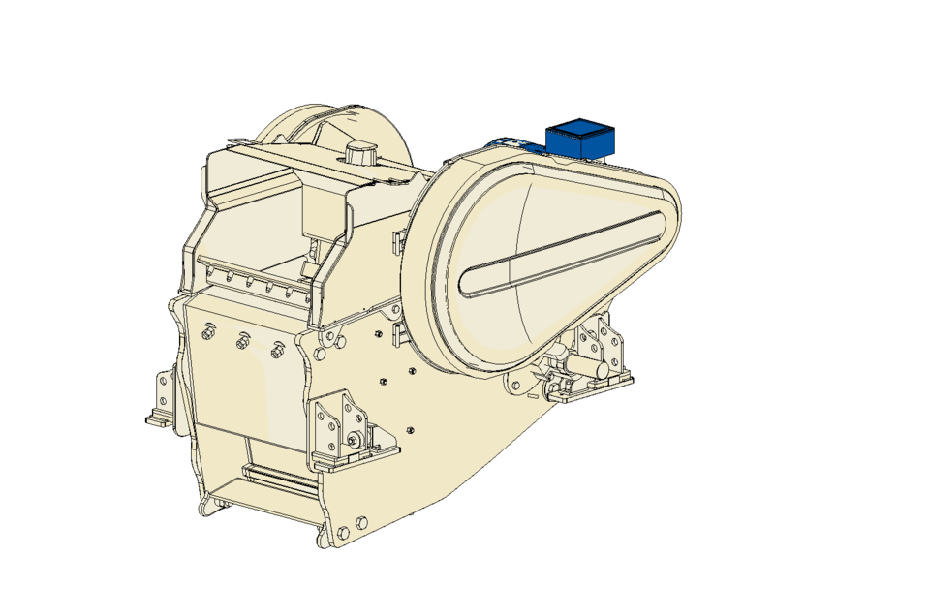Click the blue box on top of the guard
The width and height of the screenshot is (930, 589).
pyautogui.click(x=580, y=139)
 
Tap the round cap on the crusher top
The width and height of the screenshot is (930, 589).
pyautogui.click(x=360, y=152)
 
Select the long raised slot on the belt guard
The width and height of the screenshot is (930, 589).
pyautogui.click(x=562, y=254)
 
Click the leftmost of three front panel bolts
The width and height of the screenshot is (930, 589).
pyautogui.click(x=208, y=333)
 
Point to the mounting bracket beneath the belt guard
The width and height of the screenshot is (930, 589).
pyautogui.click(x=591, y=358)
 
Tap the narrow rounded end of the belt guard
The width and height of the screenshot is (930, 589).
pyautogui.click(x=664, y=208)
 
